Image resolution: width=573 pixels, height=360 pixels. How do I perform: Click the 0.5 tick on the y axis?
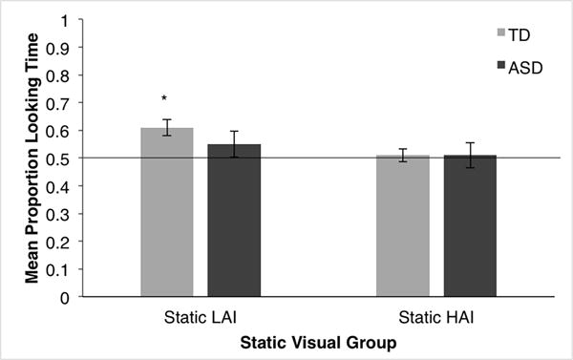(62, 158)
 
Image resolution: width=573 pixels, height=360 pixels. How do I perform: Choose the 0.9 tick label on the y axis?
(62, 47)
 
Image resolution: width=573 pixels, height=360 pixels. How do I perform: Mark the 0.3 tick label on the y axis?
(62, 214)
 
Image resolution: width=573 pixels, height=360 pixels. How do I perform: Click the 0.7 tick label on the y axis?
(62, 102)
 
